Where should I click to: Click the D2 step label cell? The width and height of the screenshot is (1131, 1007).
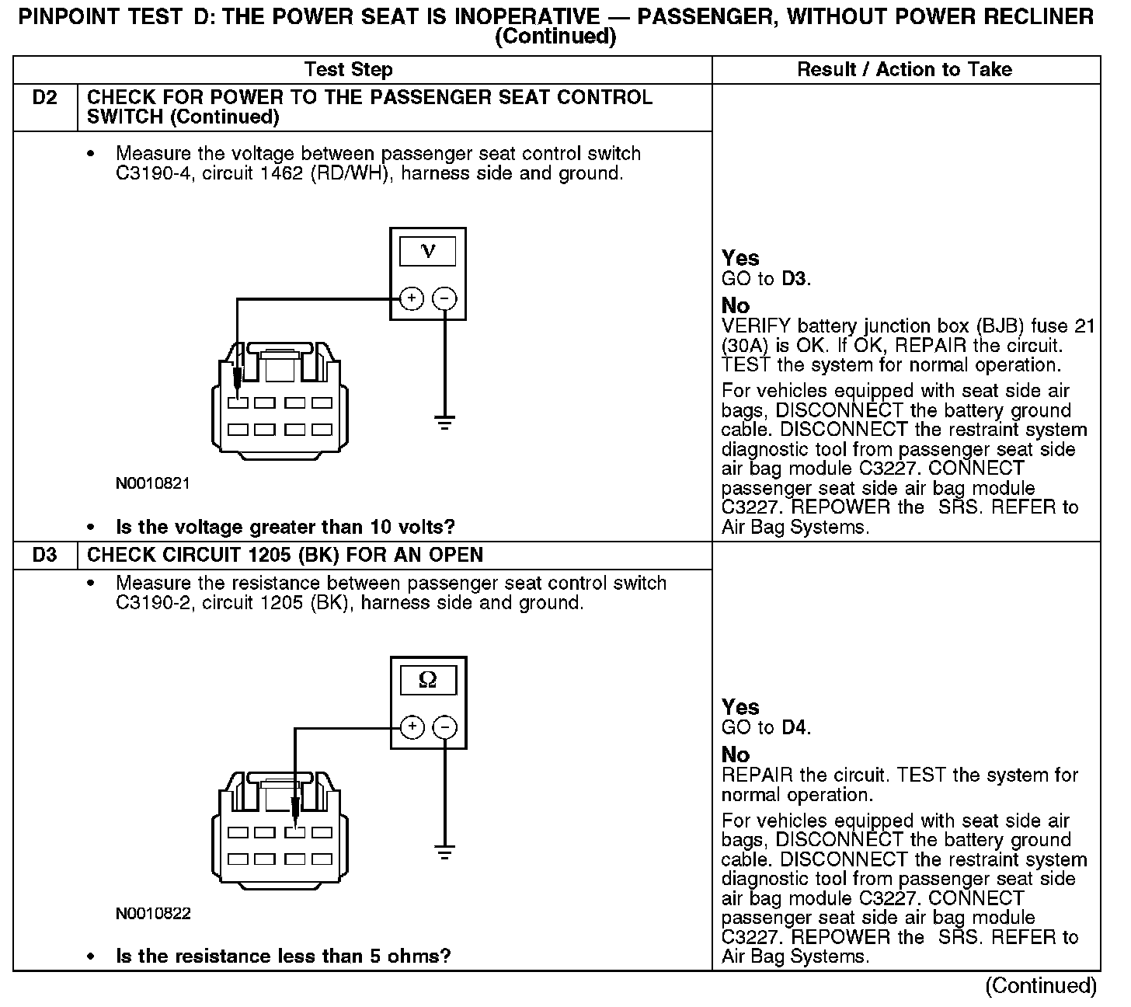(x=45, y=99)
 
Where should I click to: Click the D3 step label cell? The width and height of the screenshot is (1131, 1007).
(x=45, y=556)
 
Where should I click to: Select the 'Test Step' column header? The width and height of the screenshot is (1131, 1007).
(x=349, y=70)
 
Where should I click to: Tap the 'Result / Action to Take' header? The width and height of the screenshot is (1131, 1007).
(x=905, y=70)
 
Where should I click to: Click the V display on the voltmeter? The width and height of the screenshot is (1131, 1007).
(x=427, y=252)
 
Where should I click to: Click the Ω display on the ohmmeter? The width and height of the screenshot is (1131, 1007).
(x=427, y=681)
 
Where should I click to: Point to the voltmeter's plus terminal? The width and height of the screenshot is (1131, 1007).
(x=412, y=298)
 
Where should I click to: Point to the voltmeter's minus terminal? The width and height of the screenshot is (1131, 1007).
(x=444, y=298)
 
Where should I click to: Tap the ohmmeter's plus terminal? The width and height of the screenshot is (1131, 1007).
(x=412, y=727)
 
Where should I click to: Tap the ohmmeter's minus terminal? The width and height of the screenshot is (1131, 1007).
(x=444, y=727)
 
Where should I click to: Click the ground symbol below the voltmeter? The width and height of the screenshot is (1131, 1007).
(x=444, y=424)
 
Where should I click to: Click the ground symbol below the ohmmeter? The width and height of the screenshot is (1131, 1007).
(x=444, y=853)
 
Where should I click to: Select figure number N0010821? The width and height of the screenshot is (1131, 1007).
(x=153, y=483)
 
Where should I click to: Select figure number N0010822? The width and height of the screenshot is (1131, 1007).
(x=153, y=913)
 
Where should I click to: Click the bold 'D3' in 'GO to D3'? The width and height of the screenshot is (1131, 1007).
(x=795, y=279)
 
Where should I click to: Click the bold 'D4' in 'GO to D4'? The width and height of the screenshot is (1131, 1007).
(x=795, y=728)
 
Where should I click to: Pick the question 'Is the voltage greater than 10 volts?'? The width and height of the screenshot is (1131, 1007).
(x=285, y=528)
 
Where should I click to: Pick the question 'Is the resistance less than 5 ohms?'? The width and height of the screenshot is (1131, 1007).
(x=284, y=956)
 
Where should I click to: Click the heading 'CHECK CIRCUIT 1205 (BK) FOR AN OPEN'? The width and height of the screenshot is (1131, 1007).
(x=285, y=556)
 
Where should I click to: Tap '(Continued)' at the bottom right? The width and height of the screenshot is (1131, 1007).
(x=1041, y=986)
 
